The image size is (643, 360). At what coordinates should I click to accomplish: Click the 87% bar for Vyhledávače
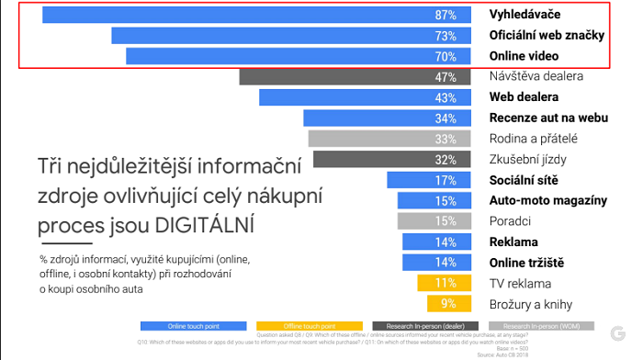click(257, 16)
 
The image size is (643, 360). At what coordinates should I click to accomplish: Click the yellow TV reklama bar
click(445, 283)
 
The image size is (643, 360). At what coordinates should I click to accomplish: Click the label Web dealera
click(524, 97)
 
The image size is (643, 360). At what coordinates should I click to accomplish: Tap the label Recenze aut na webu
click(548, 118)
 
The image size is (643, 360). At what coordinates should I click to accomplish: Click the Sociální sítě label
click(524, 180)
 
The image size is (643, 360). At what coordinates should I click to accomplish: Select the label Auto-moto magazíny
click(547, 200)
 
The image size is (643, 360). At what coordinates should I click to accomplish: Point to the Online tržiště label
click(527, 263)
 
